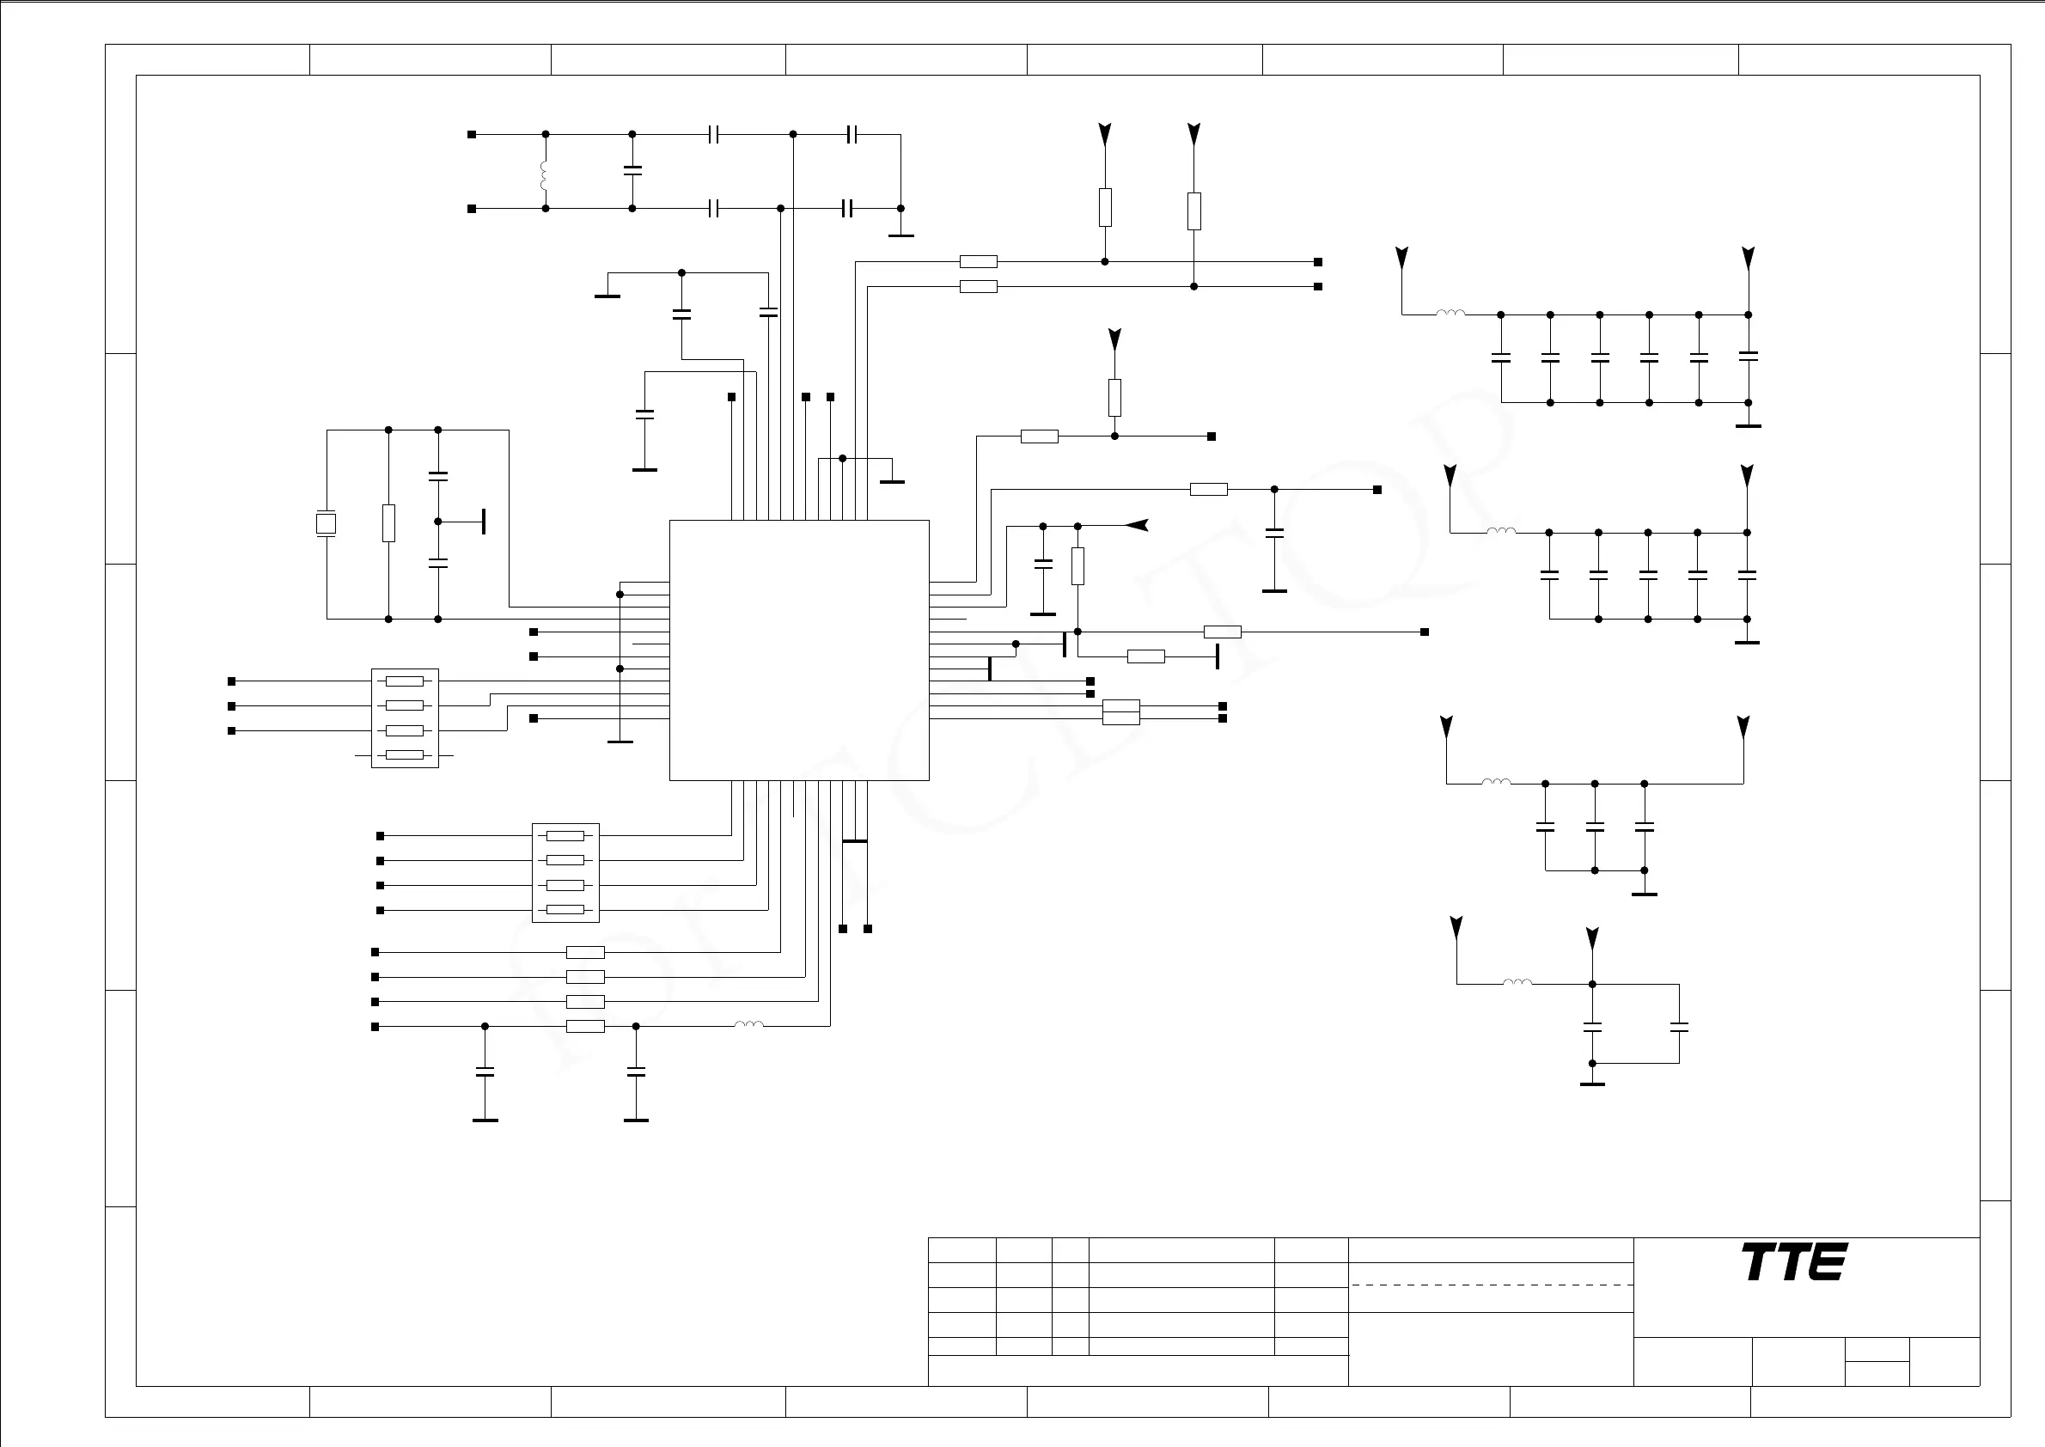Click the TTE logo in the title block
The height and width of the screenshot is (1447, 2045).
tap(1795, 1261)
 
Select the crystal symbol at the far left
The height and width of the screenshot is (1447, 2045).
tap(327, 524)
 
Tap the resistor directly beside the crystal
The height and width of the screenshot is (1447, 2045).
tap(388, 523)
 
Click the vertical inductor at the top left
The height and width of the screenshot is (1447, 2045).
tap(544, 174)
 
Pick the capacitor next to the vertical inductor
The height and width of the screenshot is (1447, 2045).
tap(632, 170)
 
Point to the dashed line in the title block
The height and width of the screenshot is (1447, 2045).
tap(1491, 1285)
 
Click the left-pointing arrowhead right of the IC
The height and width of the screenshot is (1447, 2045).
tap(1136, 526)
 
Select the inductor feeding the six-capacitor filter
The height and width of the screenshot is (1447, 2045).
tap(1450, 314)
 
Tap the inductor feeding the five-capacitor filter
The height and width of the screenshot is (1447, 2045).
tap(1500, 532)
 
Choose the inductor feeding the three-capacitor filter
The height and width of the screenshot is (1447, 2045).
tap(1496, 783)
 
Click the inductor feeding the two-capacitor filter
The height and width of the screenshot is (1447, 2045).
tap(1517, 984)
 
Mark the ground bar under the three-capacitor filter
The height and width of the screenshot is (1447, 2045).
tap(1644, 894)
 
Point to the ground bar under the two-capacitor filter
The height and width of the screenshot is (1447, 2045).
tap(1592, 1084)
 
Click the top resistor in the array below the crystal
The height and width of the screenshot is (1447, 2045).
tap(405, 681)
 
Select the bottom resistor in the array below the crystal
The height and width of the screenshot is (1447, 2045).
tap(405, 755)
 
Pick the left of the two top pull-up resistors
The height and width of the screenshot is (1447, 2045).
tap(1105, 207)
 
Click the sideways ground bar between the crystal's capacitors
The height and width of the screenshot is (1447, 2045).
tap(484, 522)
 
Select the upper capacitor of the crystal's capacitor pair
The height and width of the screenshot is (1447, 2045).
tap(437, 476)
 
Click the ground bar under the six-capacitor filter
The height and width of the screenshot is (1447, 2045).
tap(1749, 426)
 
